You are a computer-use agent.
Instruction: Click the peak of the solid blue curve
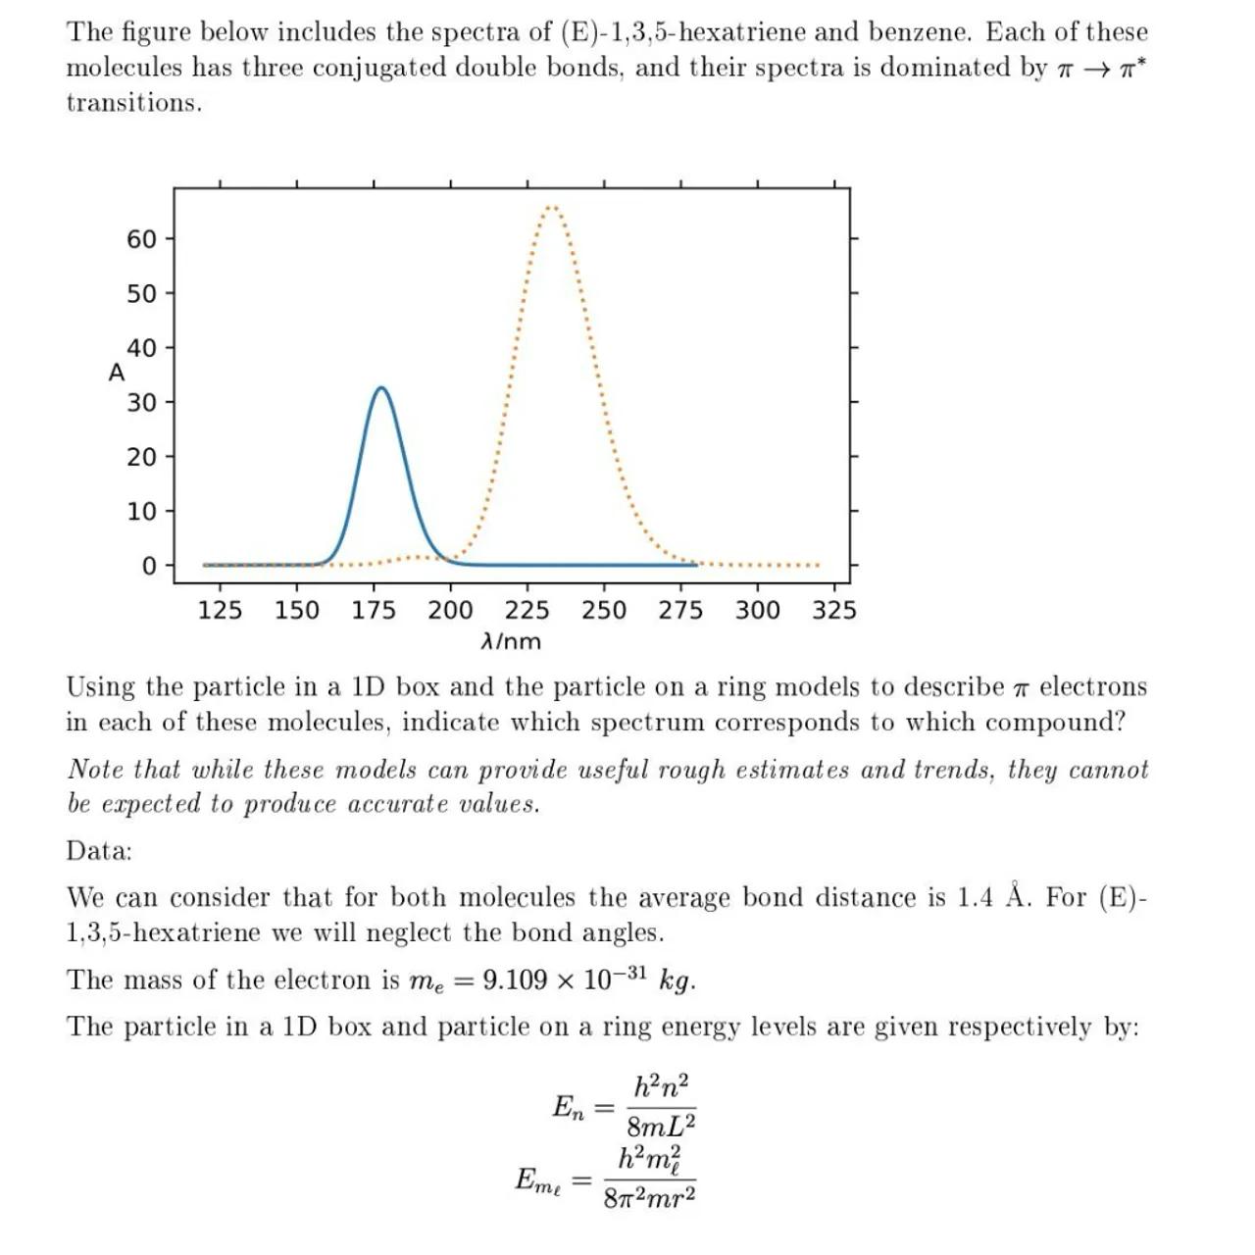pyautogui.click(x=380, y=389)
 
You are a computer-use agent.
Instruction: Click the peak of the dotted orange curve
pyautogui.click(x=552, y=207)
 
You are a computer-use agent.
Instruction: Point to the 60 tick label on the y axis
pyautogui.click(x=141, y=239)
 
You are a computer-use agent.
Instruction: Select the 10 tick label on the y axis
pyautogui.click(x=141, y=511)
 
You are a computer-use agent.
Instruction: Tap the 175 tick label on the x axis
pyautogui.click(x=374, y=611)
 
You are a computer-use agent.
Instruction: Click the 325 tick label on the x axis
pyautogui.click(x=834, y=611)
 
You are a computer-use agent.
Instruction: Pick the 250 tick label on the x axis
pyautogui.click(x=604, y=611)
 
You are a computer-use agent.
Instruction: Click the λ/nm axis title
pyautogui.click(x=511, y=642)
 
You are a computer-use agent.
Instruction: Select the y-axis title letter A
pyautogui.click(x=117, y=374)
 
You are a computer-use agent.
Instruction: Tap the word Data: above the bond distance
pyautogui.click(x=99, y=850)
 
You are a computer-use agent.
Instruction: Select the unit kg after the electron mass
pyautogui.click(x=677, y=980)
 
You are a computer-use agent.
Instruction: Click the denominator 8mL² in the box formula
pyautogui.click(x=661, y=1126)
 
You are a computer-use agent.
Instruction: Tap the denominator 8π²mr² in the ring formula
pyautogui.click(x=649, y=1197)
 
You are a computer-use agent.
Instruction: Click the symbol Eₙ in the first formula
pyautogui.click(x=569, y=1108)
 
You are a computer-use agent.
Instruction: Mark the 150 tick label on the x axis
pyautogui.click(x=297, y=611)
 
